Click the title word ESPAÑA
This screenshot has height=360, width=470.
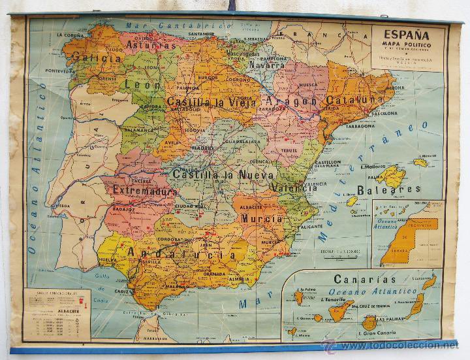point(405,35)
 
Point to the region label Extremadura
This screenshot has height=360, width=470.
point(144,190)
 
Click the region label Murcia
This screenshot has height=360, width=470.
point(262,218)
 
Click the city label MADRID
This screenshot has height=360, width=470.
point(202,148)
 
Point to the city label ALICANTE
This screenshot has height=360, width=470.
point(311,226)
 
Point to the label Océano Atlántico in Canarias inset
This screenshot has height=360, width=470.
point(373,291)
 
